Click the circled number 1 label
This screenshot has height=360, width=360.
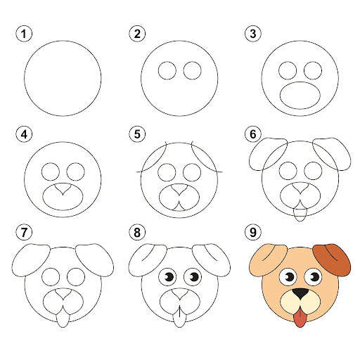pos(24,34)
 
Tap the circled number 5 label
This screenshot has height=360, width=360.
pos(137,134)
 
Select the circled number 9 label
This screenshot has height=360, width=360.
pos(253,232)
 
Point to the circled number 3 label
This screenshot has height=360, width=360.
pos(253,34)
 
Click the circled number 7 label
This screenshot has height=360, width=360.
pos(24,232)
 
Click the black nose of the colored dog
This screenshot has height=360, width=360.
pos(300,293)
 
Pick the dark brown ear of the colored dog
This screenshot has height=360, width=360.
pos(333,259)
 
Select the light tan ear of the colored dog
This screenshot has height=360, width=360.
pos(267,259)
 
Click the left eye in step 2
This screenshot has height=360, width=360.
pos(167,70)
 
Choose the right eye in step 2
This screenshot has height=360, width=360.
pos(193,70)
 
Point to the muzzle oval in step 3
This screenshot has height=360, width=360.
pos(300,95)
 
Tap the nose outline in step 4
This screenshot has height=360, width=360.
pos(63,188)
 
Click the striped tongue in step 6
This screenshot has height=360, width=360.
pos(300,212)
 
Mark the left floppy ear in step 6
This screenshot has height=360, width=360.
pos(268,154)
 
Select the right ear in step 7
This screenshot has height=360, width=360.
pos(94,260)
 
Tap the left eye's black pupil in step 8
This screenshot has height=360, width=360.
pos(169,277)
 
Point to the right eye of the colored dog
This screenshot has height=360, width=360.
pos(314,278)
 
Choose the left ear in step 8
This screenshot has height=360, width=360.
pos(148,260)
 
